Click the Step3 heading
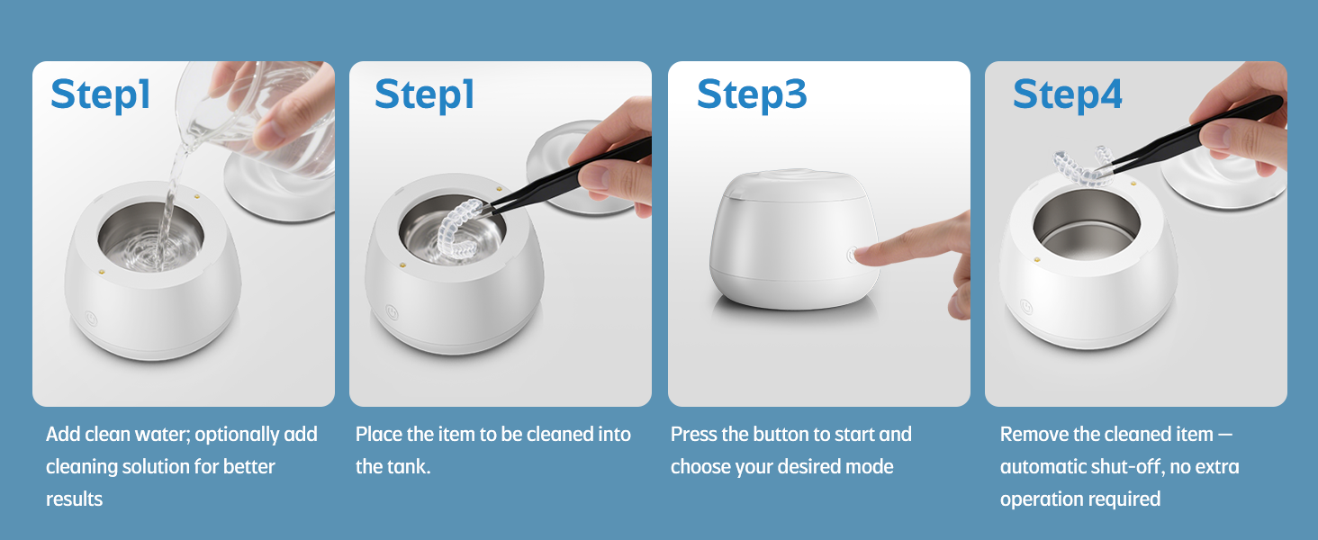point(752,94)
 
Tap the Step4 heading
point(1068,94)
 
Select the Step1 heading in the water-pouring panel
point(101,94)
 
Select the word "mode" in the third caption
point(869,467)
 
